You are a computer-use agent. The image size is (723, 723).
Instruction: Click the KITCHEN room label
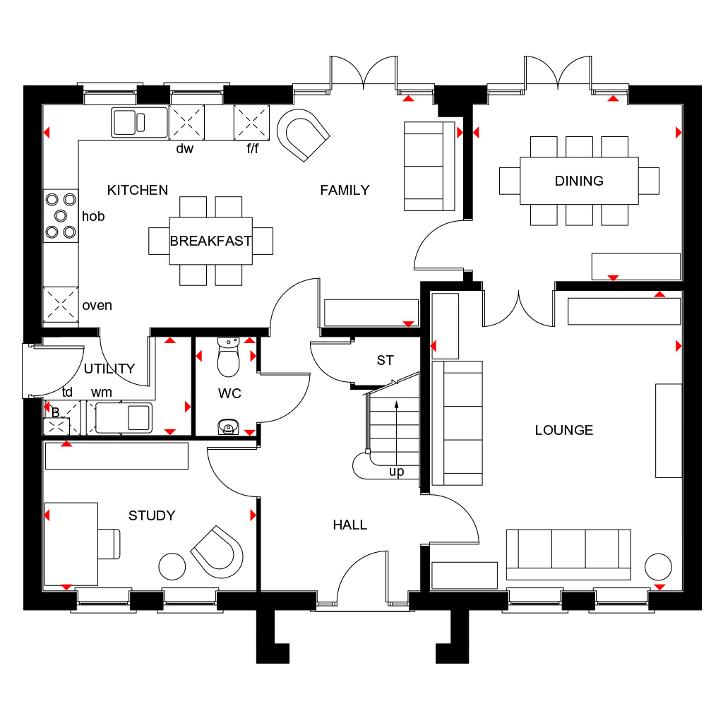point(138,190)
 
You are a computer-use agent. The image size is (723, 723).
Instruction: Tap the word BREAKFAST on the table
point(210,241)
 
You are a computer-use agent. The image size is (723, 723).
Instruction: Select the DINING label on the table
point(579,181)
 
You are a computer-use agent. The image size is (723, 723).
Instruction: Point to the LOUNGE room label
point(564,430)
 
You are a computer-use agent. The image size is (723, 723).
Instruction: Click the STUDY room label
point(152,515)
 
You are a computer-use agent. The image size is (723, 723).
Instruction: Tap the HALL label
point(350,525)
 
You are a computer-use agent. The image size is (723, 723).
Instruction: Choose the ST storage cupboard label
point(385,360)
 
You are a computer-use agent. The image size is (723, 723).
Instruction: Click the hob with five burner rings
point(61,216)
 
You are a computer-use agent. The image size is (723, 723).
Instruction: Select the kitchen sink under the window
point(139,122)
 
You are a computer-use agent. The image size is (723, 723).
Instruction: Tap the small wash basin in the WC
point(228,427)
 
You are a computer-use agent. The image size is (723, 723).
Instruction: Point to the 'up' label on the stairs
point(396,472)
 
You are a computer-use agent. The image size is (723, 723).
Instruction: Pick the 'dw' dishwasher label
point(184,148)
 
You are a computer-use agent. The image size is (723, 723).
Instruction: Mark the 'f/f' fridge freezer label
point(252,148)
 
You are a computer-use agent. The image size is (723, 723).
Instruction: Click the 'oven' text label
point(97,306)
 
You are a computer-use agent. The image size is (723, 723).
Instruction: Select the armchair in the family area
point(303,135)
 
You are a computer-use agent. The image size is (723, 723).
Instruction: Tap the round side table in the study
point(172,566)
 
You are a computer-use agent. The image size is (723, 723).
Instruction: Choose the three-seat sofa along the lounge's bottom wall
point(568,555)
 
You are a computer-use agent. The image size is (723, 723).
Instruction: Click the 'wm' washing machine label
point(102,393)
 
